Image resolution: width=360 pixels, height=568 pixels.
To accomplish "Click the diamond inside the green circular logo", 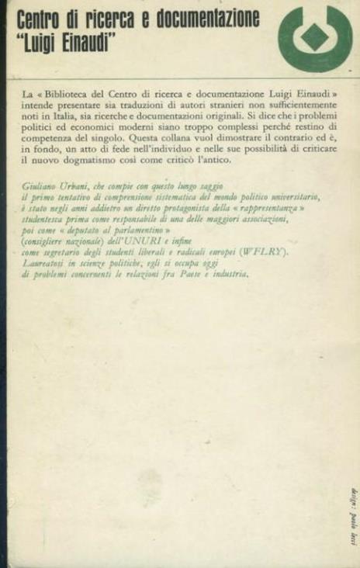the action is (314, 36).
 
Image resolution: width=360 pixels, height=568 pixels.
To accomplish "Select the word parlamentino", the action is (139, 230).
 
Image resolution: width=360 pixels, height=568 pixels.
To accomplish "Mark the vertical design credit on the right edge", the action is (351, 505).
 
